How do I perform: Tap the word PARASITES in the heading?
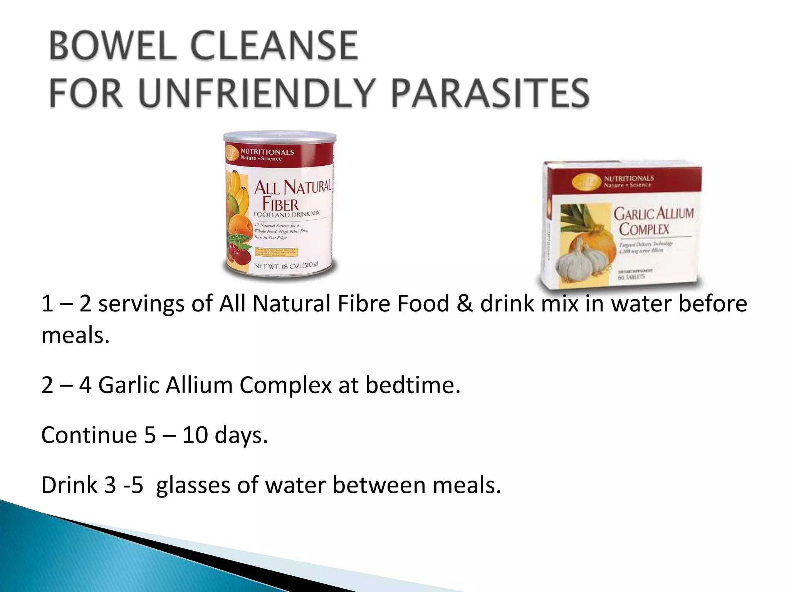point(490,93)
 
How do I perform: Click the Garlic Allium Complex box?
point(620,225)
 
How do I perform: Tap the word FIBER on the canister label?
point(280,204)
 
